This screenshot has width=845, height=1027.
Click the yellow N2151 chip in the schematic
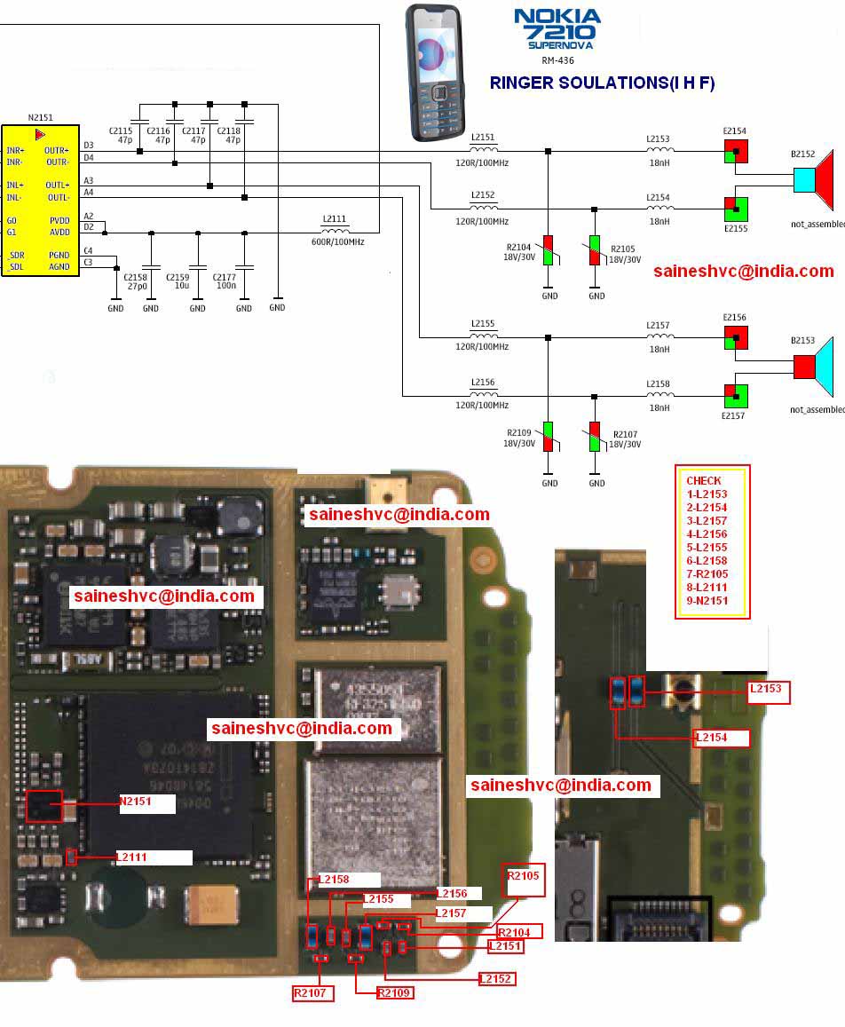pyautogui.click(x=40, y=201)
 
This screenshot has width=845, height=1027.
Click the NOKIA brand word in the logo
pyautogui.click(x=557, y=16)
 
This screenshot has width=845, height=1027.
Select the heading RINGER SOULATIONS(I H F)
pyautogui.click(x=602, y=83)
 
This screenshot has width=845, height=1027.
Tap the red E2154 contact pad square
pyautogui.click(x=736, y=152)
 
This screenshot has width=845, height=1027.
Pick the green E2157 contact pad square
pyautogui.click(x=736, y=395)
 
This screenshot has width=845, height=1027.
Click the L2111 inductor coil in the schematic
pyautogui.click(x=335, y=229)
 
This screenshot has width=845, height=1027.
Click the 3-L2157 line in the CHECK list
pyautogui.click(x=707, y=521)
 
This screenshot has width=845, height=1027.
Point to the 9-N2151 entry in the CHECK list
pyautogui.click(x=707, y=601)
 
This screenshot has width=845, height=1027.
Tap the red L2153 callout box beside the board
pyautogui.click(x=769, y=692)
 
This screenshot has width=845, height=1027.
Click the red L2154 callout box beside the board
pyautogui.click(x=723, y=739)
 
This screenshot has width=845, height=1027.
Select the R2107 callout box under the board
pyautogui.click(x=313, y=992)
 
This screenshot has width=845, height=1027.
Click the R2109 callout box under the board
pyautogui.click(x=394, y=992)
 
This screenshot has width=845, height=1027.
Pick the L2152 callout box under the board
pyautogui.click(x=496, y=978)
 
